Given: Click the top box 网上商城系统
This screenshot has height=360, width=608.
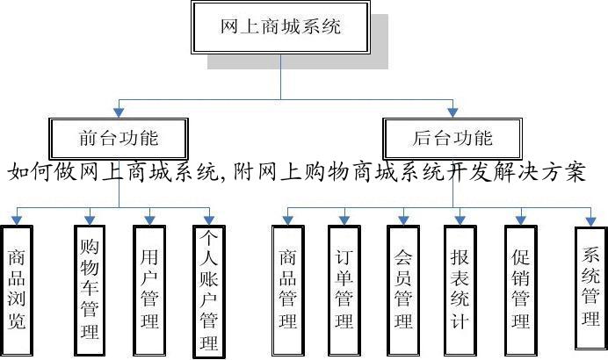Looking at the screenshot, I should (x=280, y=26).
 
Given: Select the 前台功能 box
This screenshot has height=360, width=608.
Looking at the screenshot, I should (x=119, y=138).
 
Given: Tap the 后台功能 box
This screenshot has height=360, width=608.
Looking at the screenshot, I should (x=452, y=138).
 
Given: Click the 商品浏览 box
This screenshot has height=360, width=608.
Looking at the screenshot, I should (x=17, y=289).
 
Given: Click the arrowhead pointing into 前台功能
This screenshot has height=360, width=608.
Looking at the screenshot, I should (x=119, y=112).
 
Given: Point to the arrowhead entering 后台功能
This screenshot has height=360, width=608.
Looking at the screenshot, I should (x=452, y=112).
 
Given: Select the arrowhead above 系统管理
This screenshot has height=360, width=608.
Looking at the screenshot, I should (x=591, y=218).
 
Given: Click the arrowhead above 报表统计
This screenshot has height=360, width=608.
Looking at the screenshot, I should (x=460, y=218).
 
